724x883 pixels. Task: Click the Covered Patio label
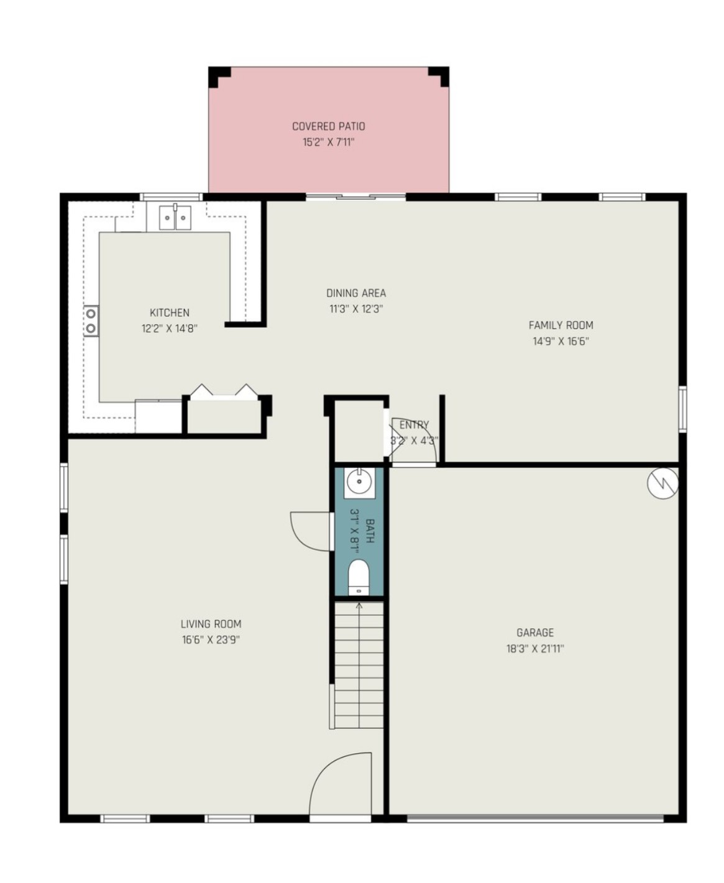click(x=328, y=126)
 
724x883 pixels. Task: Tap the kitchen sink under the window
click(x=175, y=217)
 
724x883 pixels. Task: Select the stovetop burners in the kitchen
click(x=91, y=321)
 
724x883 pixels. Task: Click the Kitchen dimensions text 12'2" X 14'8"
click(x=169, y=329)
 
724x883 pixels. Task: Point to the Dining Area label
click(x=355, y=293)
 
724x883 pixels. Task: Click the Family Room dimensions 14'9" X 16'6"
click(x=560, y=341)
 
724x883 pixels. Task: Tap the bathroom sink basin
click(x=359, y=481)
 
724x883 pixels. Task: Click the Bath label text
click(x=370, y=531)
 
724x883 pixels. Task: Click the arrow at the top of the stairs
click(x=359, y=606)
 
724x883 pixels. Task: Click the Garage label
click(x=534, y=633)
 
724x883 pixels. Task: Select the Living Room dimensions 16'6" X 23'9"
click(x=211, y=640)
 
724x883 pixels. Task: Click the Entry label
click(x=414, y=425)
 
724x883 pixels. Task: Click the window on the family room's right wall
click(x=682, y=408)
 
